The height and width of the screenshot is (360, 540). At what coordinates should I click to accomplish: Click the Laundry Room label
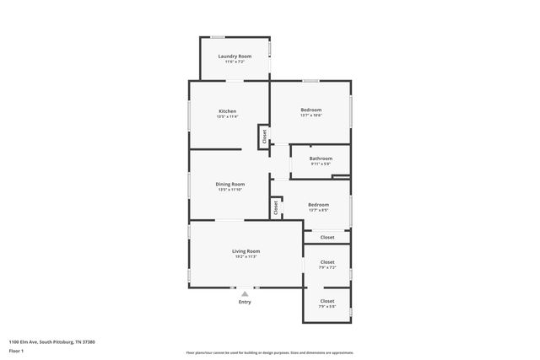(235, 56)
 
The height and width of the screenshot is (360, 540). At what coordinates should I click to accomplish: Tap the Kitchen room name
(227, 111)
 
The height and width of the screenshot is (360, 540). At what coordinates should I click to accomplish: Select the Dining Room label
(230, 184)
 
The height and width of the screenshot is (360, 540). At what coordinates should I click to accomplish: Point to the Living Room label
(246, 251)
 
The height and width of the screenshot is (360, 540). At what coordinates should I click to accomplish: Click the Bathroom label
(321, 159)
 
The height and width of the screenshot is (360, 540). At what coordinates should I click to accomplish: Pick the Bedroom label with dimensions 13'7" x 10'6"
(311, 110)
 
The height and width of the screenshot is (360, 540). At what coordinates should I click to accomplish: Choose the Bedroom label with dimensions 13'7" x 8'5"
(318, 205)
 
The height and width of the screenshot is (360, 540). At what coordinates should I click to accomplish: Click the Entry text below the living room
(245, 302)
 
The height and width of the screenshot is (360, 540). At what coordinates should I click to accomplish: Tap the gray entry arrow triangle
(245, 293)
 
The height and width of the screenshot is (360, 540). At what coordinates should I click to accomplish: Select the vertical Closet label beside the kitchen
(263, 137)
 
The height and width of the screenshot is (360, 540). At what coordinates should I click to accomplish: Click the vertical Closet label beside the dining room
(275, 206)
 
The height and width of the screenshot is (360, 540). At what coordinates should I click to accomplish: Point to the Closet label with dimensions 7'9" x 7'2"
(327, 262)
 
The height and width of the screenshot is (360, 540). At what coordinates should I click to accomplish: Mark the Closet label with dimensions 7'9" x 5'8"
(327, 301)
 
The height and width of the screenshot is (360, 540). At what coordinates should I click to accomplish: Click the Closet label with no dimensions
(327, 237)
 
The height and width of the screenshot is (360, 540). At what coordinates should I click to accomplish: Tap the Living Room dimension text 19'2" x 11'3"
(246, 256)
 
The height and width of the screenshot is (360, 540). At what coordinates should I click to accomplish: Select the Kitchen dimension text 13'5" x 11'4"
(227, 116)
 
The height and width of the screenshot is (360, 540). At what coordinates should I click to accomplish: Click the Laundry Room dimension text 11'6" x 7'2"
(235, 62)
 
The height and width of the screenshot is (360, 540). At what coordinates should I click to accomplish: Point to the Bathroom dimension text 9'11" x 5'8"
(321, 164)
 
